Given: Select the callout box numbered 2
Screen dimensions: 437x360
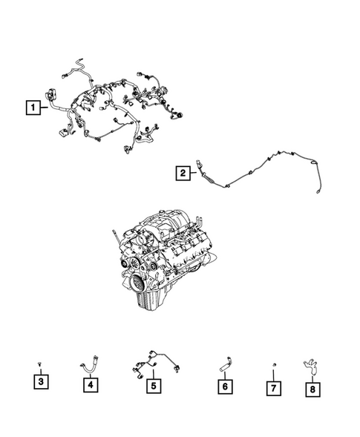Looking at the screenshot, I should click(x=182, y=174).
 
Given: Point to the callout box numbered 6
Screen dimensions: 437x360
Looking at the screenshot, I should click(x=223, y=386).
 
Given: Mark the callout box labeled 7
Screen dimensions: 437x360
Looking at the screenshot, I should click(x=274, y=387).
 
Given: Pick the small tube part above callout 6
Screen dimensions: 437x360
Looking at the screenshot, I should click(x=224, y=364).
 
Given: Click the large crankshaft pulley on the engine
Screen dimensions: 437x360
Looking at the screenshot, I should click(x=140, y=283).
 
